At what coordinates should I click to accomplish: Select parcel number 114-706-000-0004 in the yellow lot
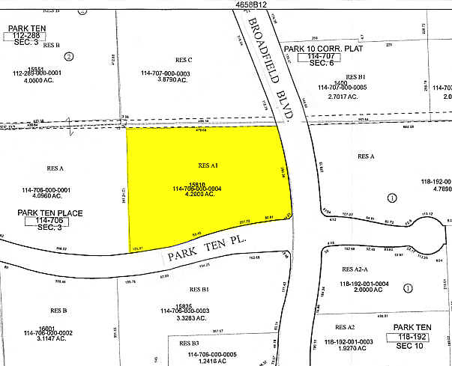197,187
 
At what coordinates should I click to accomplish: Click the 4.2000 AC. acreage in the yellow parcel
197,194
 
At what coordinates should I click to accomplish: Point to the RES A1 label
208,165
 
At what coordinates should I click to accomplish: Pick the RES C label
184,60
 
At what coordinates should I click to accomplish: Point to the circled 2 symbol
69,55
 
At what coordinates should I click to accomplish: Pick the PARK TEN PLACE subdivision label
50,213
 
